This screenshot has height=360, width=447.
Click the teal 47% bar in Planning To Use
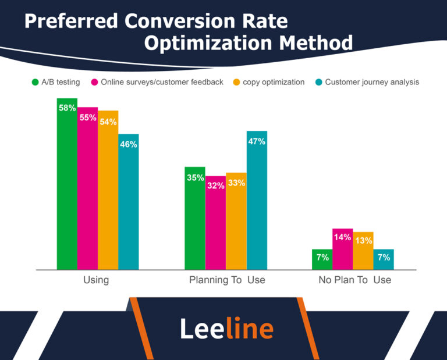point(257,200)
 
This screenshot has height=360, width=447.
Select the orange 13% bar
point(363,251)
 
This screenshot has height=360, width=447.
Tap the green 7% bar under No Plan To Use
point(322,259)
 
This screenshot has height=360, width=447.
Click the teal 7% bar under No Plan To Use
point(384,259)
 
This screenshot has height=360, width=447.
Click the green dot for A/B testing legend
point(34,82)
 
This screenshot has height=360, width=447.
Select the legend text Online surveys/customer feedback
point(162,82)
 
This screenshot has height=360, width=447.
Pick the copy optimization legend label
point(274,82)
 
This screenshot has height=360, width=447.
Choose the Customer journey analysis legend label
point(372,82)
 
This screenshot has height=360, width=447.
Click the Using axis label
point(96,280)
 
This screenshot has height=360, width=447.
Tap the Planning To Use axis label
point(227,280)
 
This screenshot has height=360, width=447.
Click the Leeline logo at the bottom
point(226,329)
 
